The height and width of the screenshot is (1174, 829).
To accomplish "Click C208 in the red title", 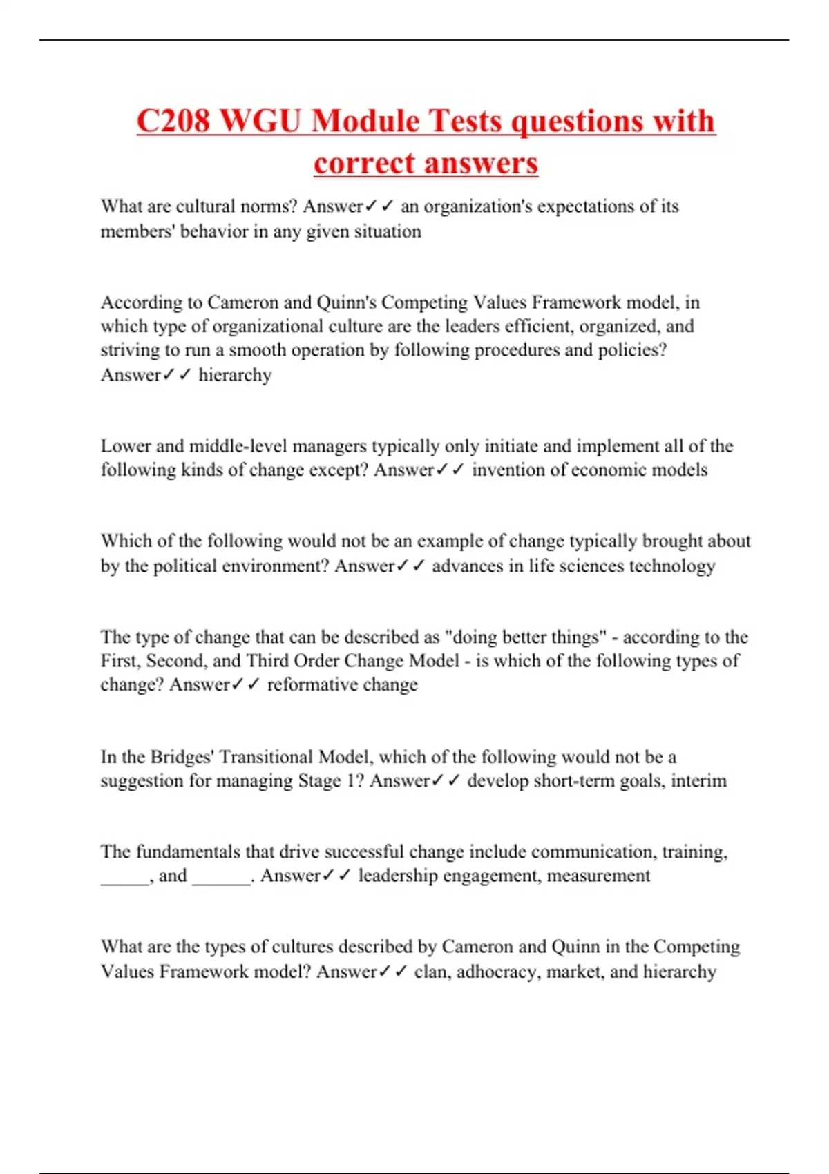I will coord(173,122).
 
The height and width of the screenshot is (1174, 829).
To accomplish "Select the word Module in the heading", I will coord(365,122).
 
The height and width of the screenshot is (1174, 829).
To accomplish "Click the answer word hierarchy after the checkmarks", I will coord(235,375).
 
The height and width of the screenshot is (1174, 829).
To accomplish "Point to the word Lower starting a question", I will coord(126,446).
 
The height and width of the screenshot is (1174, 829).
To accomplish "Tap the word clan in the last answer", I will coord(432,972).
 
